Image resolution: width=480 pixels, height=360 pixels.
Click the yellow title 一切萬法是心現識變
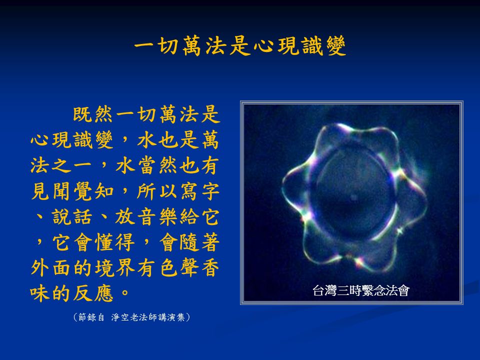(240, 46)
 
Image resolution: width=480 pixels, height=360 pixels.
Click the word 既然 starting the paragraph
(92, 114)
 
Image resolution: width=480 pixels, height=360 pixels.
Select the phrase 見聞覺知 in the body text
(72, 191)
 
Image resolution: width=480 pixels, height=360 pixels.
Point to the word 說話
(72, 216)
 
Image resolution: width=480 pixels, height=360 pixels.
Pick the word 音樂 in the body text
(156, 216)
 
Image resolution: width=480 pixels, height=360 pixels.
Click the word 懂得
(114, 242)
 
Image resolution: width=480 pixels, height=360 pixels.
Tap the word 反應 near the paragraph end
(93, 293)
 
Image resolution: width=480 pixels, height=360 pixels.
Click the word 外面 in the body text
(51, 268)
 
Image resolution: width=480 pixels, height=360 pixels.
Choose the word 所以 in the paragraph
(156, 191)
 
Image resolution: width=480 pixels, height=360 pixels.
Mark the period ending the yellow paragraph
(125, 292)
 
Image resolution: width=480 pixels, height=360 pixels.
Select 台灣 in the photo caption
(324, 290)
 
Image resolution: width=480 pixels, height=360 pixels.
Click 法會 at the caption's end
(397, 290)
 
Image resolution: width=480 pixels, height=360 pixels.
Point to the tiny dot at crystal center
(354, 197)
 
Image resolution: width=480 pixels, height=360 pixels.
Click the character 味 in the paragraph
(40, 293)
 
